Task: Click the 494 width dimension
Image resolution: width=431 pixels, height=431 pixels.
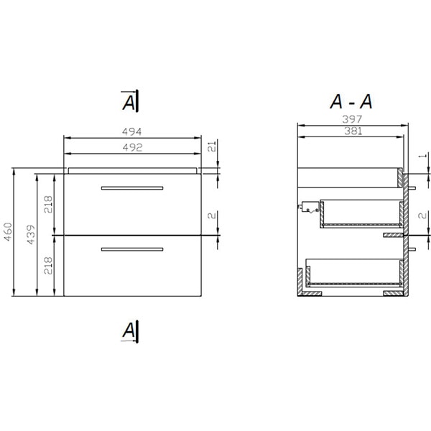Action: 132,131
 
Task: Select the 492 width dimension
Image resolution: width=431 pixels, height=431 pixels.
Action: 132,147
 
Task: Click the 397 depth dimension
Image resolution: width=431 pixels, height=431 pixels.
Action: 351,119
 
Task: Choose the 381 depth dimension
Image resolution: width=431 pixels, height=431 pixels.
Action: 351,131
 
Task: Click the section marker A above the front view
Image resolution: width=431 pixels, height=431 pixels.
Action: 130,103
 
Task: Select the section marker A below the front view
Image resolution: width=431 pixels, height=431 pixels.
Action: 130,330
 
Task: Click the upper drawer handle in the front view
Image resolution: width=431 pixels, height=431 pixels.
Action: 132,187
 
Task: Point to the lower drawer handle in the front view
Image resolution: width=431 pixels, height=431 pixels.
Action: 132,249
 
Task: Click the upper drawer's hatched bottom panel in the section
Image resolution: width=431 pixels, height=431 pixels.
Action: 359,225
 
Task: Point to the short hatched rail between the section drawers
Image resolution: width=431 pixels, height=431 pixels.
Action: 394,235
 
